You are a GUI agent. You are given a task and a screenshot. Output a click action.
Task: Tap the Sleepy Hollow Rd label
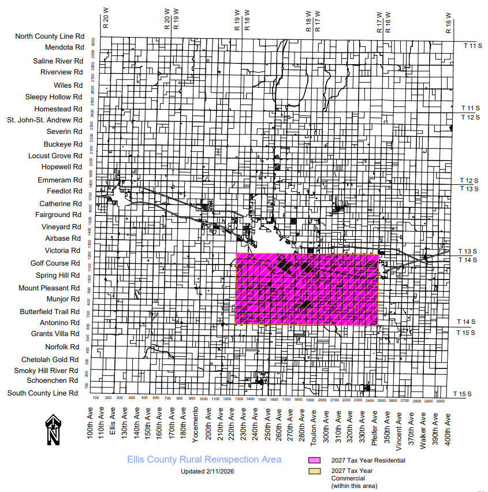coord(54,97)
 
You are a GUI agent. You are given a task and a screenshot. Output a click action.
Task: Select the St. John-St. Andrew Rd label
coord(44,120)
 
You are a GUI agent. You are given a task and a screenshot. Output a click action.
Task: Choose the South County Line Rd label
coord(42,393)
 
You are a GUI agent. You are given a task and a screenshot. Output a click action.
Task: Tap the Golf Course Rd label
coord(55,263)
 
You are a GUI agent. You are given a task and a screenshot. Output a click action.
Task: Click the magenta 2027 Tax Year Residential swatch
coord(314,460)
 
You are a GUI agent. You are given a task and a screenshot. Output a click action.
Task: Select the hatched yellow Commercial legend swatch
coord(314,471)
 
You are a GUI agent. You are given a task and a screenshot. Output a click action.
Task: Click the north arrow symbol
coord(53,430)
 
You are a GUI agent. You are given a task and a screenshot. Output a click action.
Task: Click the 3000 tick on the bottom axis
coord(441,400)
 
